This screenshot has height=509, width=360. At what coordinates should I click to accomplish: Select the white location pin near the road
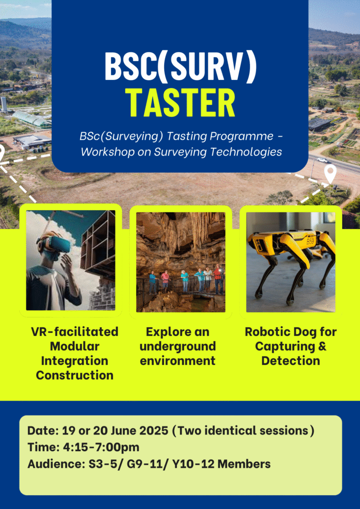click(331, 173)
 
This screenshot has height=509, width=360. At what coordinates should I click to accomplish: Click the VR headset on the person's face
click(55, 244)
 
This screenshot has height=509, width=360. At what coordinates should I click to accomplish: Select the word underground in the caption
click(178, 346)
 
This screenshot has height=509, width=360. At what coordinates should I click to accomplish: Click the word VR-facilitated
click(75, 332)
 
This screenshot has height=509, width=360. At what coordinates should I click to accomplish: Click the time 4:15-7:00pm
click(100, 447)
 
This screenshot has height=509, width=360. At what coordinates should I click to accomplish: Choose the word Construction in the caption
click(75, 375)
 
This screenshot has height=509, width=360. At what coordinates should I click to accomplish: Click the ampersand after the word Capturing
click(321, 346)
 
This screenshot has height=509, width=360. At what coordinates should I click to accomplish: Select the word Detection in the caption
click(290, 361)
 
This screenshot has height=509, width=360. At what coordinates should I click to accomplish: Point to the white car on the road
click(323, 160)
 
